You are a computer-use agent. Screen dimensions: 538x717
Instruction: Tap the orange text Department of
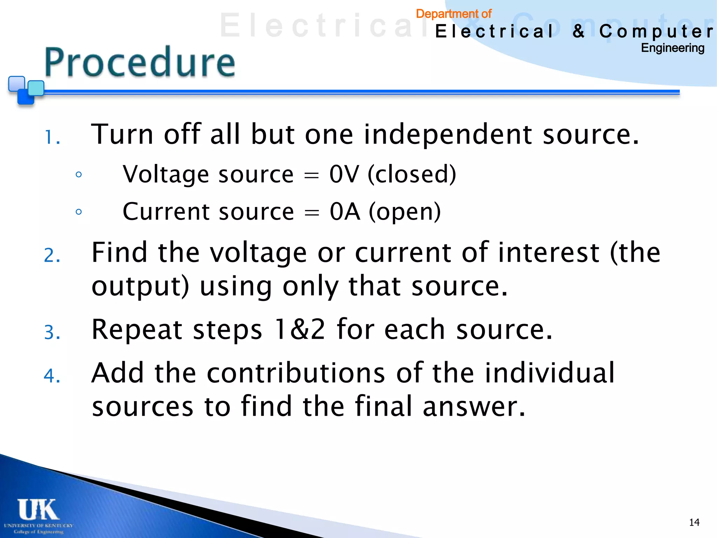click(453, 14)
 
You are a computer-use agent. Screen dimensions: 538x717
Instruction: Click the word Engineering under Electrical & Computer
click(672, 48)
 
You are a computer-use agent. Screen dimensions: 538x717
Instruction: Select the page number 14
click(694, 523)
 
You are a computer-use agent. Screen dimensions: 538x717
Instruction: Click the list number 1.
click(52, 137)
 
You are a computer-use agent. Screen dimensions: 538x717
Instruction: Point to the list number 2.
click(52, 255)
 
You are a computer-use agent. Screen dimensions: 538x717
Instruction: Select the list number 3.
click(52, 332)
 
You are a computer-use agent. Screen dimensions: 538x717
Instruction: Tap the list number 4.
click(52, 375)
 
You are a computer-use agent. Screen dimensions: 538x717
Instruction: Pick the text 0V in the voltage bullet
click(344, 174)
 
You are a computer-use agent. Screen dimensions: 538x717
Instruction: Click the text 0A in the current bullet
click(344, 212)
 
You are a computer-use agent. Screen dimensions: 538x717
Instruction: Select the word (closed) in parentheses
click(412, 174)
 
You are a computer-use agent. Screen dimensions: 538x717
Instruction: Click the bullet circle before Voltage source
click(79, 174)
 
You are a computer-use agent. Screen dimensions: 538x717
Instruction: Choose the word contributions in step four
click(296, 373)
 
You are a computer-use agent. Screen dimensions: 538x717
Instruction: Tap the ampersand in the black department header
click(578, 31)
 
